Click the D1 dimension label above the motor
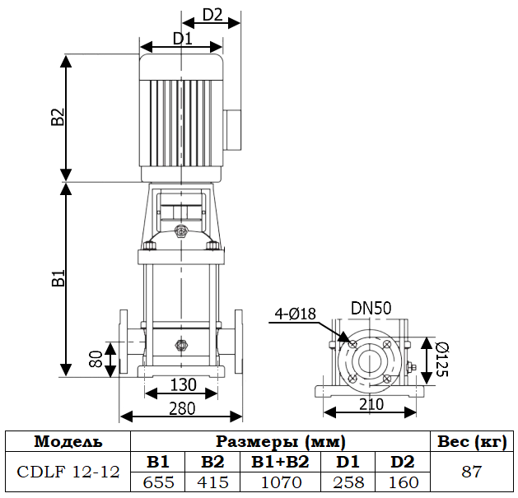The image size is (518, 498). click(182, 39)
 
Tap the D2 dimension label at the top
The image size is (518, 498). click(212, 15)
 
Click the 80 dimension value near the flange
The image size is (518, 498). click(96, 359)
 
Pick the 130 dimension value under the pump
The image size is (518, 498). click(183, 384)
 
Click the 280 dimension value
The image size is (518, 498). click(183, 407)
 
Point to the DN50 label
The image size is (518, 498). click(371, 308)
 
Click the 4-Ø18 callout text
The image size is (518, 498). click(296, 313)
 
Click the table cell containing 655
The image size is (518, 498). click(158, 482)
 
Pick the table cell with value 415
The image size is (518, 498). click(212, 482)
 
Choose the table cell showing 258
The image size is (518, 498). click(348, 482)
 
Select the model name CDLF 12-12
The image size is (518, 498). click(68, 472)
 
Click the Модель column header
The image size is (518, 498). click(68, 441)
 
